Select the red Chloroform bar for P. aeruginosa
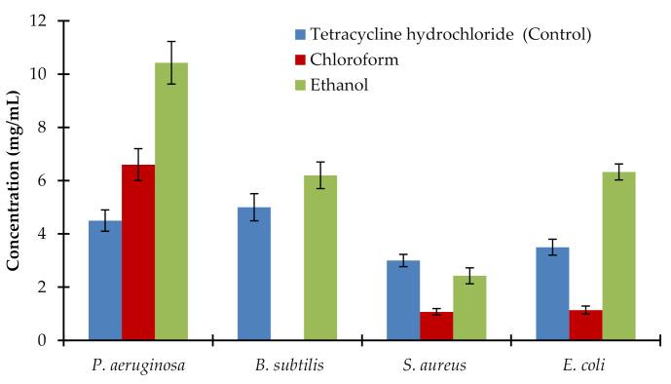[x=138, y=252]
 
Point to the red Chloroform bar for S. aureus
[x=436, y=326]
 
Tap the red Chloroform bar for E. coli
[x=585, y=326]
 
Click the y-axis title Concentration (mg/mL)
[x=17, y=180]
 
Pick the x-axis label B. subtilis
[x=287, y=366]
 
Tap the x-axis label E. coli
[x=585, y=366]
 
